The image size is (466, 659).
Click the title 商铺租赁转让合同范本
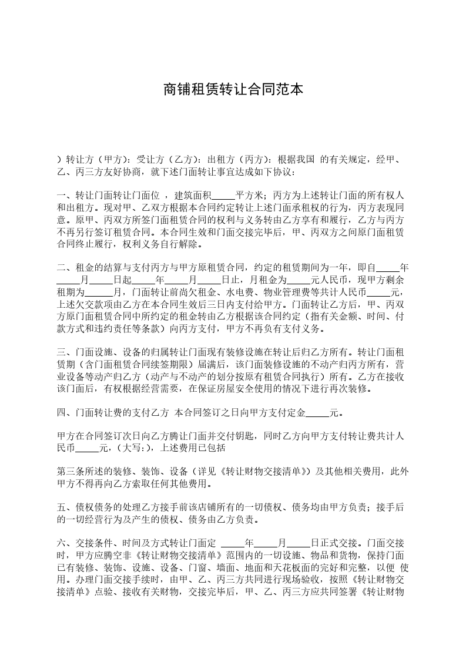233,90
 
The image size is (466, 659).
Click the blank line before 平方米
223,195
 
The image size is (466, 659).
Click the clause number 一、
66,195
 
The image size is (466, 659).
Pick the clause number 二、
66,267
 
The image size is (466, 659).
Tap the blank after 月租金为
299,279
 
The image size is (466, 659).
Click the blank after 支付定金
317,413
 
